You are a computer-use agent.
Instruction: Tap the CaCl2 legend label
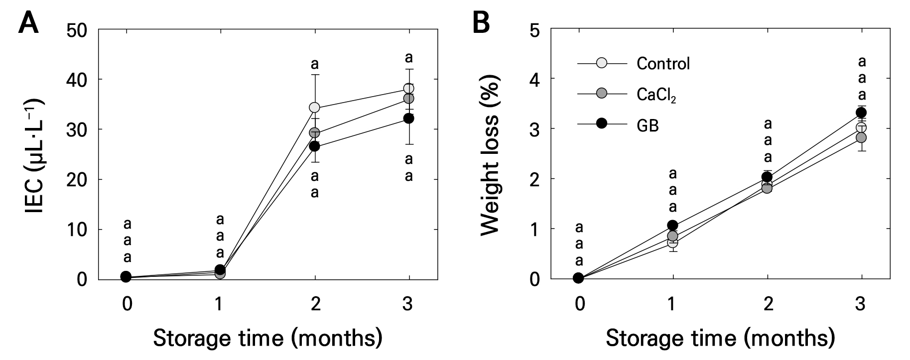pyautogui.click(x=656, y=94)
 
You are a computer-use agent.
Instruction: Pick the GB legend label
pyautogui.click(x=648, y=125)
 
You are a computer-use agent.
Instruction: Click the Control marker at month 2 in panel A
pyautogui.click(x=315, y=108)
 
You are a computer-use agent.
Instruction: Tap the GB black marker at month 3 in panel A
pyautogui.click(x=409, y=119)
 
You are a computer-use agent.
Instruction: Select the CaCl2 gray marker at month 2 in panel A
pyautogui.click(x=315, y=133)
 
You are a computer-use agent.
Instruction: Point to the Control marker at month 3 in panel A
pyautogui.click(x=409, y=89)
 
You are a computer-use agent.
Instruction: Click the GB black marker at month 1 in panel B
pyautogui.click(x=672, y=225)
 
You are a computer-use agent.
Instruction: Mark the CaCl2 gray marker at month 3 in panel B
pyautogui.click(x=861, y=137)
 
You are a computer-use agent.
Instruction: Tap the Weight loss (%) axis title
pyautogui.click(x=490, y=155)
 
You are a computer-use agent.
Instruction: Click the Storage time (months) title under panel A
pyautogui.click(x=268, y=338)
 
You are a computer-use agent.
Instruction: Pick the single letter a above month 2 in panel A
pyautogui.click(x=315, y=64)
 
